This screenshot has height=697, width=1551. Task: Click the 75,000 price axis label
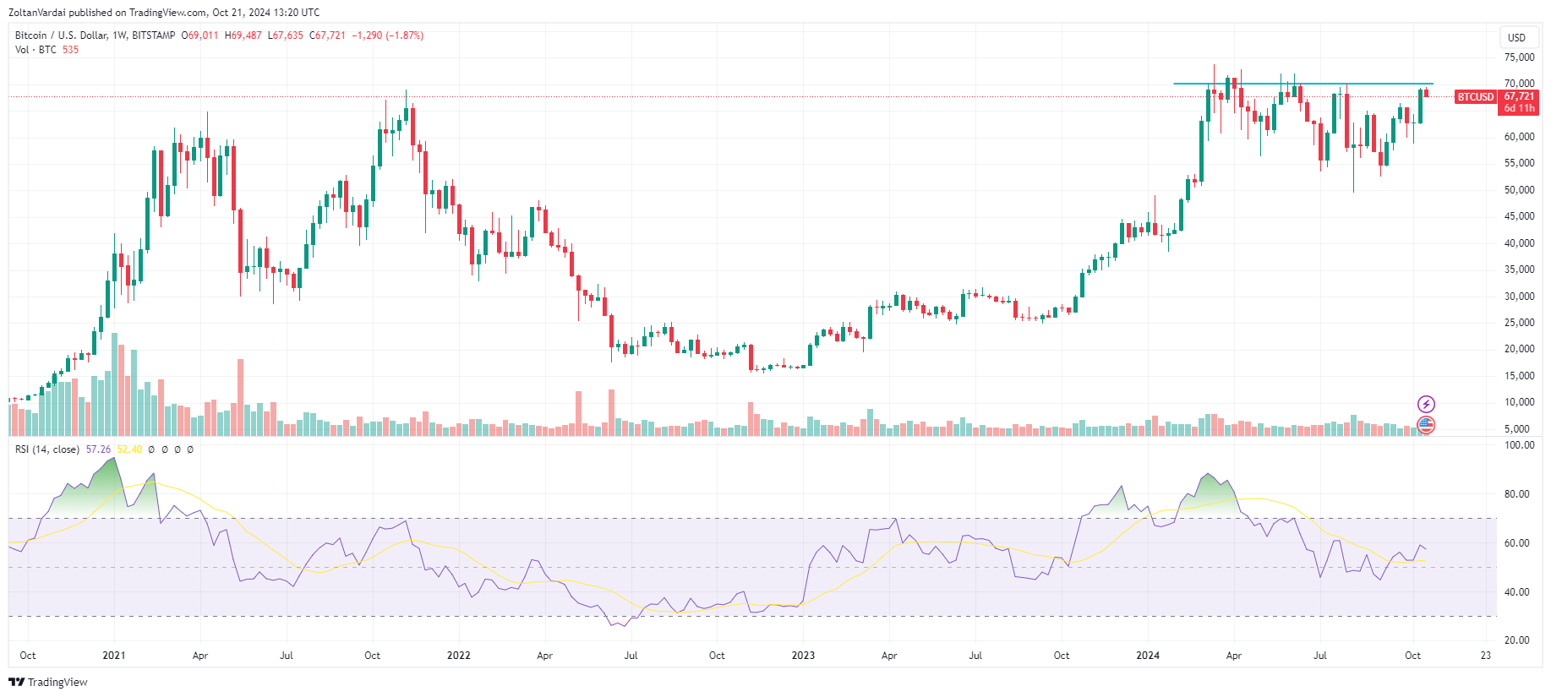[x=1519, y=57]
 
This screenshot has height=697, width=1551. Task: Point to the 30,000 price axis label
[x=1519, y=297]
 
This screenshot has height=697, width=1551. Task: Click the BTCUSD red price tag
[x=1476, y=97]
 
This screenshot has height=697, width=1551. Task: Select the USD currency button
[x=1517, y=37]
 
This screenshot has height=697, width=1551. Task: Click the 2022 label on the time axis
[x=458, y=656]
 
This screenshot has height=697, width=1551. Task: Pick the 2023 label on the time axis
[x=803, y=656]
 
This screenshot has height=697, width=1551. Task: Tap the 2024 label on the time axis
[x=1148, y=656]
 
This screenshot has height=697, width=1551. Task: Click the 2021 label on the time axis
[x=113, y=656]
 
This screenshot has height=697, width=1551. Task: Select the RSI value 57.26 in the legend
[x=98, y=449]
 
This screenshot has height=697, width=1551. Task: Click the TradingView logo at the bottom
[x=48, y=682]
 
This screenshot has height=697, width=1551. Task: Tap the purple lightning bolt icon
[x=1426, y=404]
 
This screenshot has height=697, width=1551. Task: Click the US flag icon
[x=1426, y=424]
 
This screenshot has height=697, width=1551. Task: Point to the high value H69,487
[x=243, y=35]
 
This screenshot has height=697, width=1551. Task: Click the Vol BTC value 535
[x=70, y=50]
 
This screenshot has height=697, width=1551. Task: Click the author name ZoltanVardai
[x=36, y=13]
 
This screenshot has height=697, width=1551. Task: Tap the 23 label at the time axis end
[x=1486, y=656]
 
